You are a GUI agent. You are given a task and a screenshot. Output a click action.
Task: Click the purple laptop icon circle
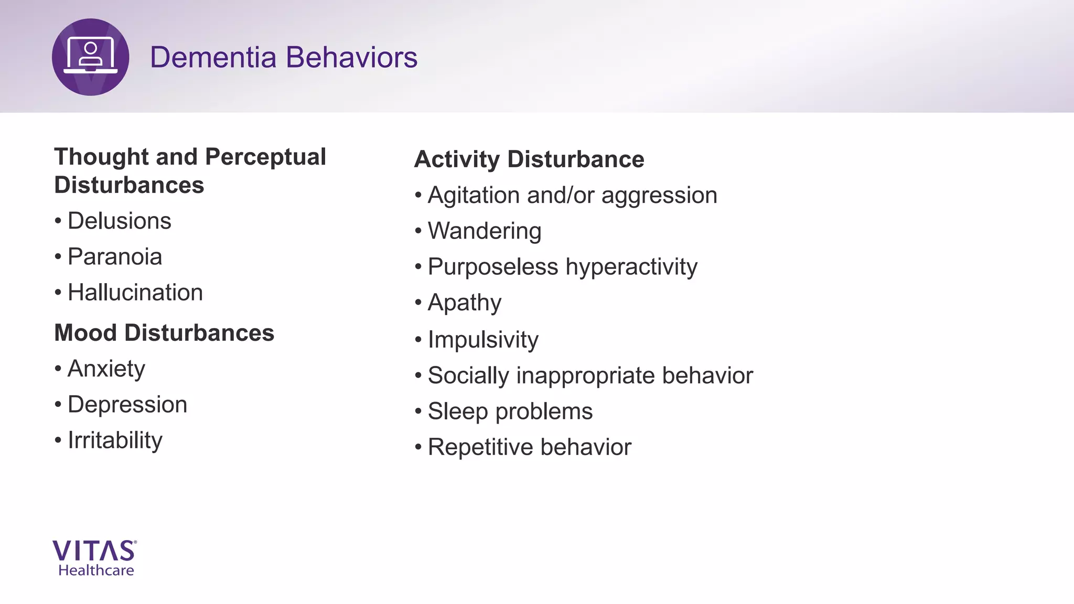[90, 57]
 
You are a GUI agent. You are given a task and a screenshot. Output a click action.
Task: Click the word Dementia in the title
[212, 57]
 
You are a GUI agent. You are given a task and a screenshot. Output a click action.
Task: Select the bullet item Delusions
[119, 221]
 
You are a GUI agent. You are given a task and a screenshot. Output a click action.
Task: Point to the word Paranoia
[114, 257]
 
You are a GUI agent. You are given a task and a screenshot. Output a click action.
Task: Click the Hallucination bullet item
[135, 293]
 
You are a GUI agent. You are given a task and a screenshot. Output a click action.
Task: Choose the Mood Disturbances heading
[164, 333]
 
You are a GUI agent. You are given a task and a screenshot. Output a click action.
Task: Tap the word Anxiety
[106, 369]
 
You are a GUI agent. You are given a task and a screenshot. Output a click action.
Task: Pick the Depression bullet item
[127, 405]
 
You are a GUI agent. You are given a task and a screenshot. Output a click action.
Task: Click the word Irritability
[115, 440]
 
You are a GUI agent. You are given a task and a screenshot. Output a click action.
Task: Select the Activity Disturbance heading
[529, 159]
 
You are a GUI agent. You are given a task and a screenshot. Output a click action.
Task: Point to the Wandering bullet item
[484, 231]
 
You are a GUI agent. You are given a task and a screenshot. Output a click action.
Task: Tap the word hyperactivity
[631, 267]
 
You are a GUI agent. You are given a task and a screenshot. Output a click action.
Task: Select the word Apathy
[464, 303]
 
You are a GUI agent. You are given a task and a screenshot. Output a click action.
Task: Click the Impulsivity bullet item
[482, 340]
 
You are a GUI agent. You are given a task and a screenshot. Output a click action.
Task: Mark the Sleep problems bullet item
[510, 412]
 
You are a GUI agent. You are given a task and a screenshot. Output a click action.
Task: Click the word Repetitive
[480, 447]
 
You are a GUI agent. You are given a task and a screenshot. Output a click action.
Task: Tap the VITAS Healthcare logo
[95, 558]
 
